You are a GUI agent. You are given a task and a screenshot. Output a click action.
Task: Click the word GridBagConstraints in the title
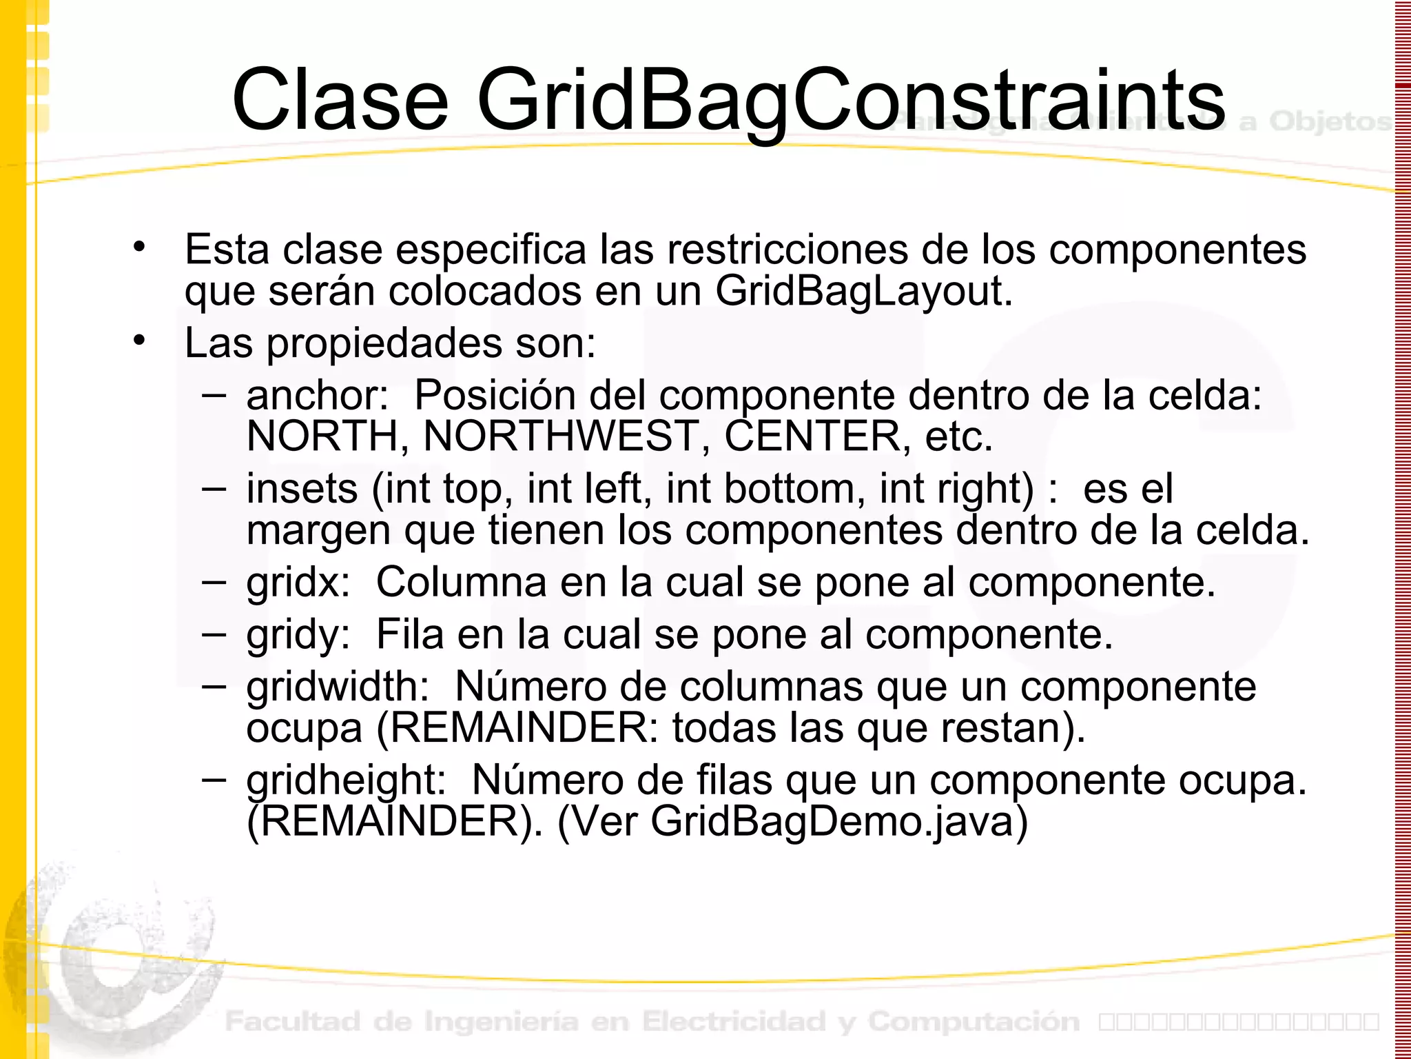[851, 100]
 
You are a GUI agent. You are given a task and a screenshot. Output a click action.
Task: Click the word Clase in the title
[340, 100]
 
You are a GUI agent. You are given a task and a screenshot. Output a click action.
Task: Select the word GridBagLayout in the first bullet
[863, 291]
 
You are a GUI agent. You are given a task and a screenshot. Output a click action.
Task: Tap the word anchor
[318, 396]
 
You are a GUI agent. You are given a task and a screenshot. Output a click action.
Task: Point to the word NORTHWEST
[561, 436]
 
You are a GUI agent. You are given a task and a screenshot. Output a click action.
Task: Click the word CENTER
[813, 436]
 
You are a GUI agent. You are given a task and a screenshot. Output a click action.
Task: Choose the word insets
[302, 489]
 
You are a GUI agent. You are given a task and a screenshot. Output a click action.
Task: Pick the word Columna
[461, 583]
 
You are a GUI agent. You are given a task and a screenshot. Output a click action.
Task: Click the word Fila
[410, 635]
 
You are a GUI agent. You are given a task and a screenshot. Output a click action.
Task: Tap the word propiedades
[384, 343]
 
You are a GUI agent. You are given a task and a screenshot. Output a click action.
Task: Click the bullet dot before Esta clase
[140, 247]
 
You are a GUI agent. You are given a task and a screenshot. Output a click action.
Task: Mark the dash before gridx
[214, 581]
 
